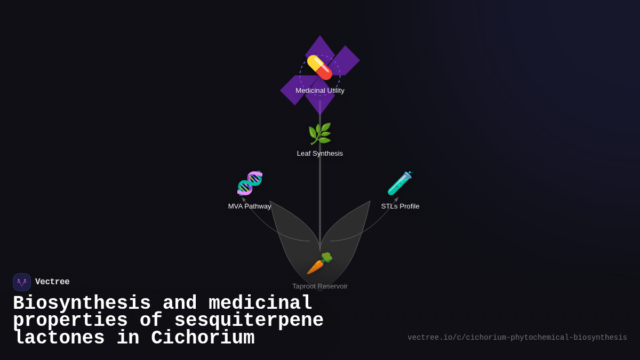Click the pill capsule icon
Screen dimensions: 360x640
(x=319, y=68)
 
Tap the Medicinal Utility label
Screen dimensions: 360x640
(x=320, y=91)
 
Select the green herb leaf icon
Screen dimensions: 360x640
(x=319, y=134)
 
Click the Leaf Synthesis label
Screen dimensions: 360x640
(x=320, y=154)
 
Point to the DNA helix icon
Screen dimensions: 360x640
(x=250, y=183)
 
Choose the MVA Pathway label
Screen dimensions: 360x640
(x=250, y=206)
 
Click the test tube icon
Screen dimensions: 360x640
(x=399, y=183)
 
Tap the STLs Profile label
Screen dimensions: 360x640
(x=400, y=206)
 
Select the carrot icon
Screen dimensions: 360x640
(x=319, y=263)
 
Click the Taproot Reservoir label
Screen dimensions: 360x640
(x=320, y=286)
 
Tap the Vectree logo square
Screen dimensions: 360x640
(x=22, y=282)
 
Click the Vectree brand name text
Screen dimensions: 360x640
(x=52, y=282)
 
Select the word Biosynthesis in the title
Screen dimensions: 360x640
(x=82, y=303)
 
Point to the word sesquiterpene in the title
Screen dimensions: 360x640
(x=249, y=321)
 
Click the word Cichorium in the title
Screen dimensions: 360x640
(x=203, y=338)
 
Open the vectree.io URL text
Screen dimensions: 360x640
(x=517, y=338)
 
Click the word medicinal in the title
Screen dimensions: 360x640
(x=260, y=303)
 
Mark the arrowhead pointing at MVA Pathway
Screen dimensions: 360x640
(x=244, y=199)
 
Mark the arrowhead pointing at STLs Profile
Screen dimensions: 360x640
(x=396, y=199)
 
